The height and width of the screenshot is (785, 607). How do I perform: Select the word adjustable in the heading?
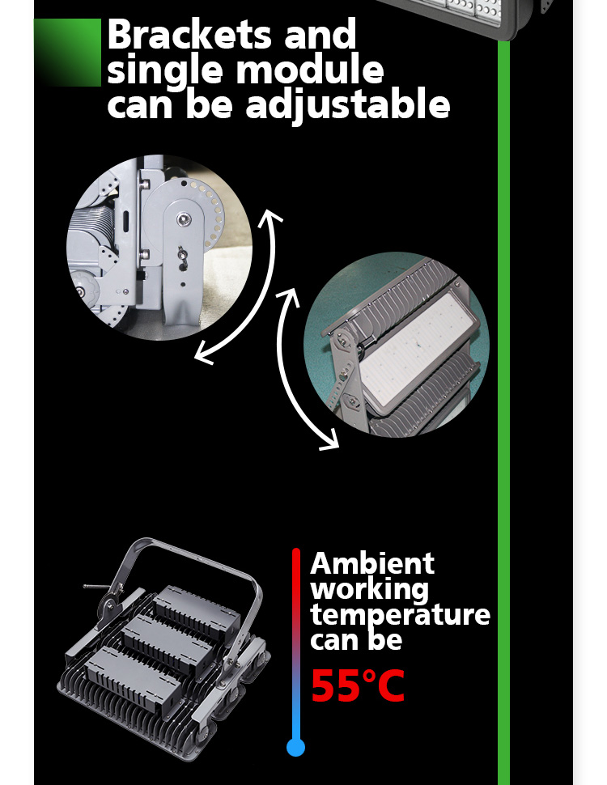pos(348,104)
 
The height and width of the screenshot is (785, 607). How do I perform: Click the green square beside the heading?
pos(68,53)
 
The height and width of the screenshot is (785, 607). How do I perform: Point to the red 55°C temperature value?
pos(358,686)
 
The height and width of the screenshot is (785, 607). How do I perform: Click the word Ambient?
pos(372,564)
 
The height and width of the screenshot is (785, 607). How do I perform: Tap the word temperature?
pos(400,614)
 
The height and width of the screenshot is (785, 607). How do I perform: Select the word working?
pos(370,590)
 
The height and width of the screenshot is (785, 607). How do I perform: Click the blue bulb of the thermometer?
pos(295,748)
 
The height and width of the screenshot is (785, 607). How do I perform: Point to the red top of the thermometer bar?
pos(296,556)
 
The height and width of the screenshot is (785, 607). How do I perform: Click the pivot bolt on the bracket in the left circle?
pos(184,219)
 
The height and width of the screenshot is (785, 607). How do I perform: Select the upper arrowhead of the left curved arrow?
pos(272,217)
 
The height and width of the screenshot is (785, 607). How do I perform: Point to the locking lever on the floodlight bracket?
pos(98,587)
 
